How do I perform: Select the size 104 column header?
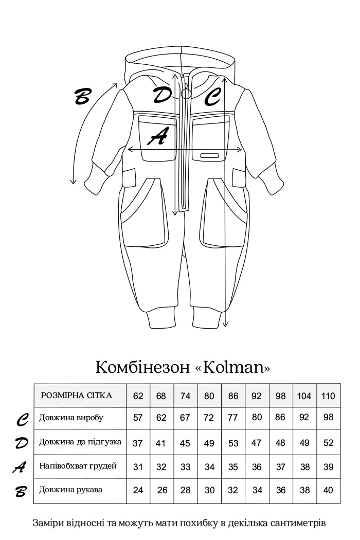coord(304,396)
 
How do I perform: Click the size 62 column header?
coord(138,396)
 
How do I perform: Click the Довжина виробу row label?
coord(71,418)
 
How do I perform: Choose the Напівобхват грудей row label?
coord(78,466)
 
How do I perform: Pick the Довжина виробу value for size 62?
coord(138,418)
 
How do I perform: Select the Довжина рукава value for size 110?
coord(329,490)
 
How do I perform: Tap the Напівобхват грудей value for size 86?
coord(233,466)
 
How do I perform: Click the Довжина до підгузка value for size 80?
coord(209,443)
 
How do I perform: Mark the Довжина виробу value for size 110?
coord(329,418)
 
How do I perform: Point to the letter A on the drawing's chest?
coord(158,136)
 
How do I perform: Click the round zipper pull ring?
coord(186,94)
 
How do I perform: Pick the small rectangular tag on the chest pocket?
coord(209,155)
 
